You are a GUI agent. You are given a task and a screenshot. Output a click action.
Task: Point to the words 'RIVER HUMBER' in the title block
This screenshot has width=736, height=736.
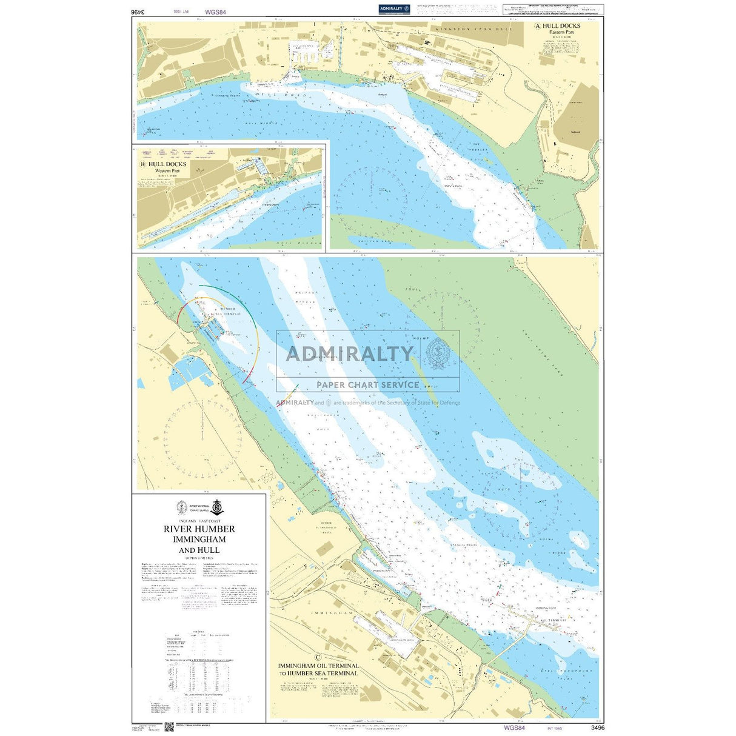tap(199, 529)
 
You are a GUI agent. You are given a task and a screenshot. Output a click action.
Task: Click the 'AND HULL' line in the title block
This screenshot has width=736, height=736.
tap(199, 550)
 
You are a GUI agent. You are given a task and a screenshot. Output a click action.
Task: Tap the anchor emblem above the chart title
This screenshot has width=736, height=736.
tap(216, 507)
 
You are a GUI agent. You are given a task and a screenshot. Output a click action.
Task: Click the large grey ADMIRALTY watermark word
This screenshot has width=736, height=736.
tap(349, 353)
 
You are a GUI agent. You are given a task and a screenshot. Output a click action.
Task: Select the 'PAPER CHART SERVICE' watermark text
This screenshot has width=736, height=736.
tap(367, 384)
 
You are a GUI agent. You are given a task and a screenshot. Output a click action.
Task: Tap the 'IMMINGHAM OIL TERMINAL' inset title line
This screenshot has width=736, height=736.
tap(318, 665)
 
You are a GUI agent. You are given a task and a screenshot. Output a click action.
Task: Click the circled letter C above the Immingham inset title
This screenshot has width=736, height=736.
tap(318, 656)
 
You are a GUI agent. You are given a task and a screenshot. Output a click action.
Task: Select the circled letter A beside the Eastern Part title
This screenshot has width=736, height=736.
tap(537, 26)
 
